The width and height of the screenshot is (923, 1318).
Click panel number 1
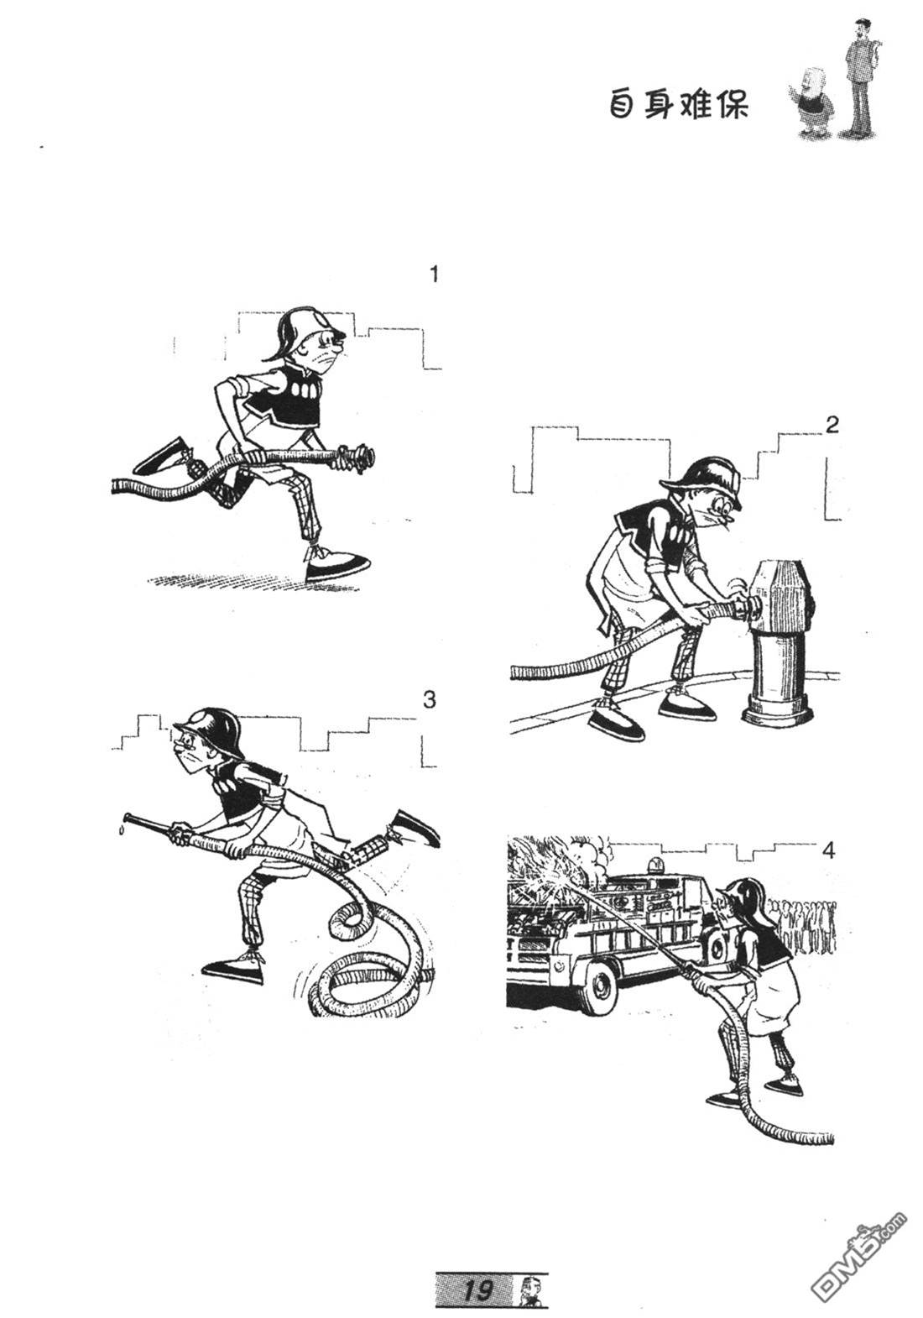434,275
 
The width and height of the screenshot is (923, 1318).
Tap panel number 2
832,425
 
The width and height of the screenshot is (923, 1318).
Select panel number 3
430,700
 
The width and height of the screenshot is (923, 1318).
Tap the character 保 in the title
732,107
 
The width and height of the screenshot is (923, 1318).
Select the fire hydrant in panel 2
780,641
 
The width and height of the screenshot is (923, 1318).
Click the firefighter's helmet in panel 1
300,332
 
